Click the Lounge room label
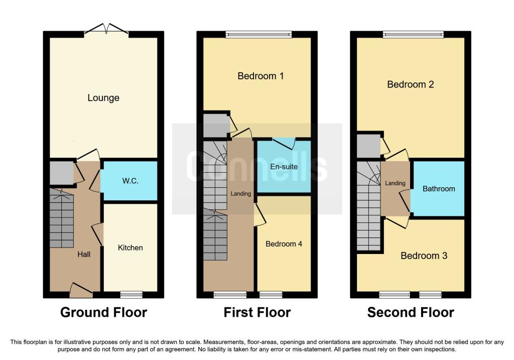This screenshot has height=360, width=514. (103, 98)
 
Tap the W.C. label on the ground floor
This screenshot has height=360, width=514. (130, 181)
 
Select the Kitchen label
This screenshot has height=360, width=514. (130, 248)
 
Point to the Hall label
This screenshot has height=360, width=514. (84, 254)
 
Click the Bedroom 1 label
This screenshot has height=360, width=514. (261, 76)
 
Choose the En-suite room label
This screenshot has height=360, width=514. (284, 167)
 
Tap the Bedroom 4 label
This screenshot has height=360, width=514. (284, 244)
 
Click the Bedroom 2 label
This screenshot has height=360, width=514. (411, 84)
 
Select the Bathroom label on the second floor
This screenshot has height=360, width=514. (439, 188)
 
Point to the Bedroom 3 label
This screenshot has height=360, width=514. (424, 256)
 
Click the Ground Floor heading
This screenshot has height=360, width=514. (103, 312)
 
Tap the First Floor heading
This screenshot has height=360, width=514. (257, 312)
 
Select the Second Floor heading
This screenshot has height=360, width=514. (411, 312)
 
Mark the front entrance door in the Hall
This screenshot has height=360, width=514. (81, 290)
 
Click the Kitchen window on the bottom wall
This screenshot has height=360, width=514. (131, 294)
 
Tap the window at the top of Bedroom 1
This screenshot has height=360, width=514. (259, 35)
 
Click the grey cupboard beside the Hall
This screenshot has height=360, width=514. (61, 173)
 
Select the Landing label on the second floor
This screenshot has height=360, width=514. (395, 183)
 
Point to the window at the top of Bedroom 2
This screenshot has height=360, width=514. (413, 35)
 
